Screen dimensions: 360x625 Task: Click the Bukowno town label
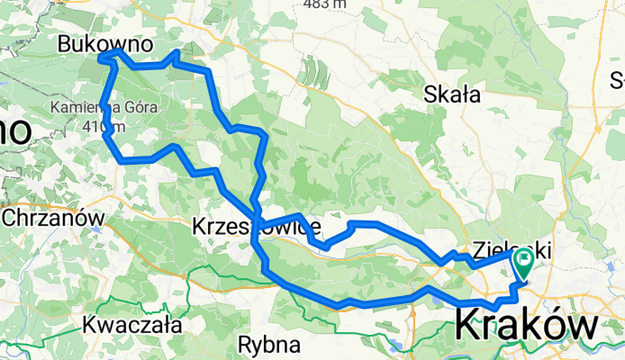click(104, 43)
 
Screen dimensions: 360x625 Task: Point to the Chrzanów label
click(53, 217)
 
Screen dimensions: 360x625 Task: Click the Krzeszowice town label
click(257, 228)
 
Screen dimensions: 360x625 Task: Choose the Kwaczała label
click(131, 324)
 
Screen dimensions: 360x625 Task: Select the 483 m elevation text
click(325, 4)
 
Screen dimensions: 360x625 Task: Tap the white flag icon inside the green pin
click(523, 261)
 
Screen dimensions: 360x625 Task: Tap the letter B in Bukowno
click(64, 43)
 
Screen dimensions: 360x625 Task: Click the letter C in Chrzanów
click(9, 217)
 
